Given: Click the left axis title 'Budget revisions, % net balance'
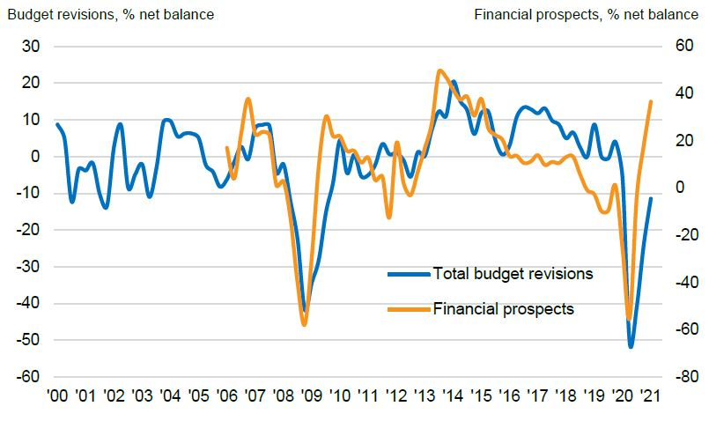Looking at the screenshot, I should (109, 14).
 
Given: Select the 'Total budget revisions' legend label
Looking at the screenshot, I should (513, 273).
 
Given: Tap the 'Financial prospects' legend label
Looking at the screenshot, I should (503, 309).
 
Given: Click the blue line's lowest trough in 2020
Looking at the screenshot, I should (631, 346).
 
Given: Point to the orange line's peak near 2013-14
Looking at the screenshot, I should (439, 70).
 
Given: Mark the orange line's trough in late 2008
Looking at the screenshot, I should (305, 325).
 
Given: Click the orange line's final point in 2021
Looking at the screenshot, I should (651, 101).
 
